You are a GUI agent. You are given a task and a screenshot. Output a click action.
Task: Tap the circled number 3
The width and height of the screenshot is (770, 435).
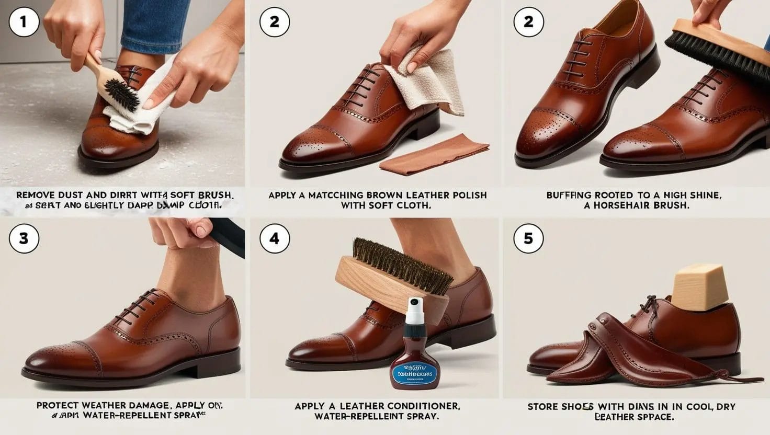(x=23, y=238)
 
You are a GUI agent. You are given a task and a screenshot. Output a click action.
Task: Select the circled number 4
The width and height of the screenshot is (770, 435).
(x=274, y=238)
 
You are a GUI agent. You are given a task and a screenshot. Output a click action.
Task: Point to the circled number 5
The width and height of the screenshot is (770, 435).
(x=528, y=238)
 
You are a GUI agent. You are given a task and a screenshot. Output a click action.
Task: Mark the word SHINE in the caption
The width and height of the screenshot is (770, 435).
(x=703, y=195)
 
